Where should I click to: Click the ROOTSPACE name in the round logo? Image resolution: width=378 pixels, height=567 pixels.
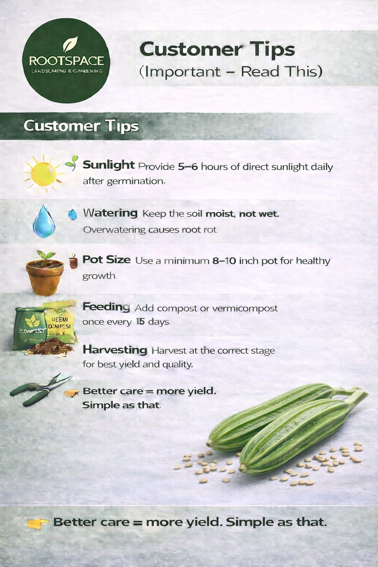pyautogui.click(x=66, y=61)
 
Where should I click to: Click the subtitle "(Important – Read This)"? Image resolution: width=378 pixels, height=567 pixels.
pyautogui.click(x=231, y=72)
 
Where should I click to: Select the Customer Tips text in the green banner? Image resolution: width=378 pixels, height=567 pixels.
pyautogui.click(x=81, y=126)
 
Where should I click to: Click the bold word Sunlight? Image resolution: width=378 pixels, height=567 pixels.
pyautogui.click(x=109, y=165)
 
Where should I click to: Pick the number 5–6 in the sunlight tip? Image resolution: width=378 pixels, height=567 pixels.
pyautogui.click(x=188, y=166)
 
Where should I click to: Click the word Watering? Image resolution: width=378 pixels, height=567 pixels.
pyautogui.click(x=110, y=213)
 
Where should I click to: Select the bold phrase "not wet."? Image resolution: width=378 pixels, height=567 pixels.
pyautogui.click(x=259, y=213)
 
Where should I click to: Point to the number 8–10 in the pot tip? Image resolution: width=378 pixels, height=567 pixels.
pyautogui.click(x=224, y=261)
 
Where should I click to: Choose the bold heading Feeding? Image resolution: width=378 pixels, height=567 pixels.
pyautogui.click(x=106, y=307)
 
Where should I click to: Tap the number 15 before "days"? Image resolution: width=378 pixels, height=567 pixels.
pyautogui.click(x=140, y=322)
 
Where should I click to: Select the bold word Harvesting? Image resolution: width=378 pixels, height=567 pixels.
pyautogui.click(x=115, y=350)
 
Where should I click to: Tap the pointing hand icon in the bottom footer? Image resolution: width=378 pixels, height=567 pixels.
pyautogui.click(x=38, y=523)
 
